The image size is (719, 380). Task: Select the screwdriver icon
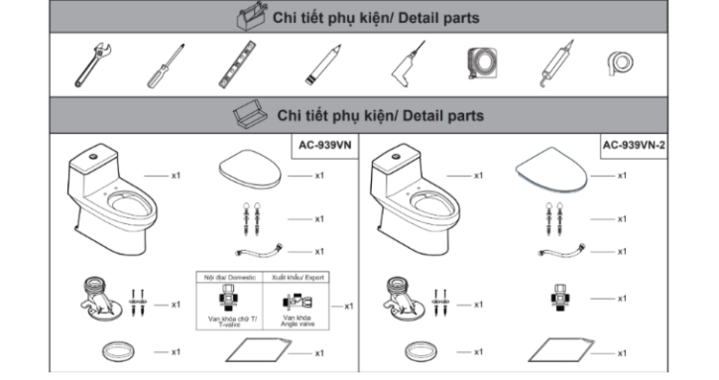pyautogui.click(x=166, y=66)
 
